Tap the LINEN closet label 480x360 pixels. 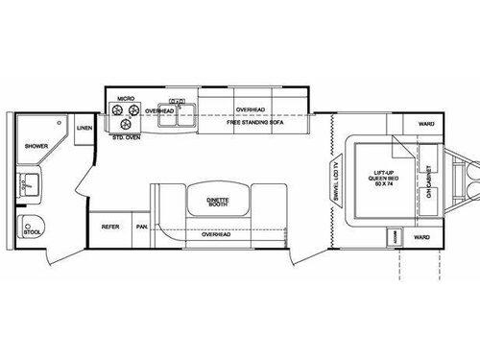point(84,127)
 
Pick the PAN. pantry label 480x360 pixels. point(141,227)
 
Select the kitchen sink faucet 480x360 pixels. point(177,100)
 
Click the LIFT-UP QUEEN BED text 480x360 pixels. point(385,179)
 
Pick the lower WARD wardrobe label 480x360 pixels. point(420,235)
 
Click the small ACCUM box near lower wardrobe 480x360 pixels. point(393,235)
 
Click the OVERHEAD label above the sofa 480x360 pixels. point(252,109)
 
